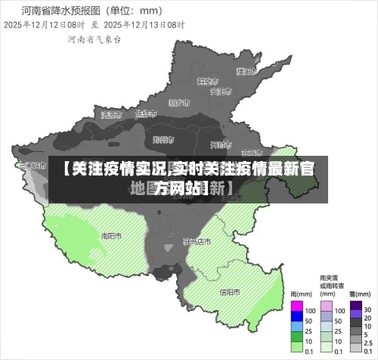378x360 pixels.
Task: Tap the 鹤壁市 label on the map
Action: click(x=208, y=81)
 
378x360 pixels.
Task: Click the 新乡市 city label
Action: click(x=179, y=102)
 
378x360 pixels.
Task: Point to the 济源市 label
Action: click(x=112, y=115)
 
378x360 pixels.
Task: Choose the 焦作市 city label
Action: click(x=145, y=114)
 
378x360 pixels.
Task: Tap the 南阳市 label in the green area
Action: click(x=112, y=235)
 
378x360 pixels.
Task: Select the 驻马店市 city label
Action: click(x=197, y=242)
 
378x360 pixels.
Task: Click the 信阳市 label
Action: click(x=229, y=291)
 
